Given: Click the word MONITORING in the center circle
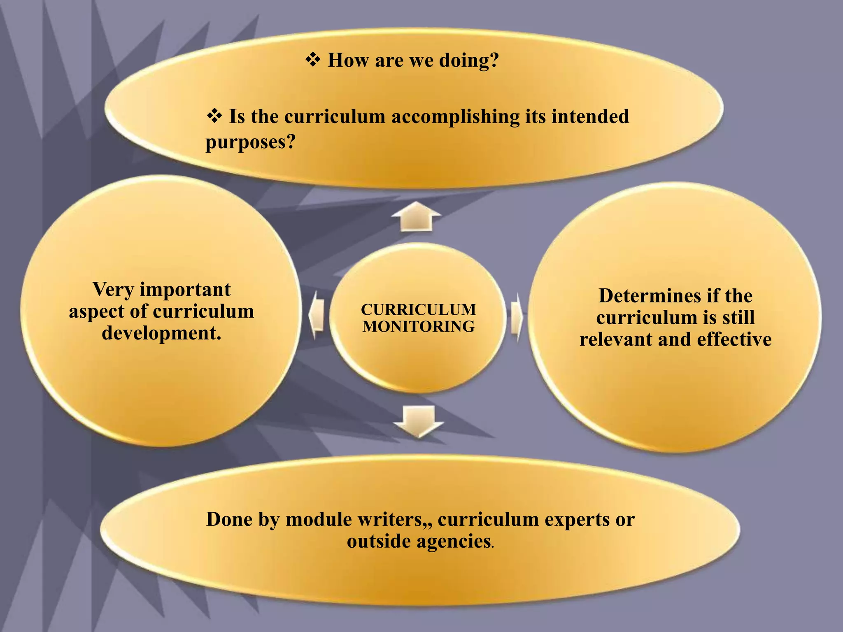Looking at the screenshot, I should point(418,327).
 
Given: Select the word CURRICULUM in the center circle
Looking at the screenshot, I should point(418,309).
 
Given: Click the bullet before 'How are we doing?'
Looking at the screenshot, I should point(313,60).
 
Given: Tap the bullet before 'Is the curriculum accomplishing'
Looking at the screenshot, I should point(214,116).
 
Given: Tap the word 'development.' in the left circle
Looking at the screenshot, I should point(161,333).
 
